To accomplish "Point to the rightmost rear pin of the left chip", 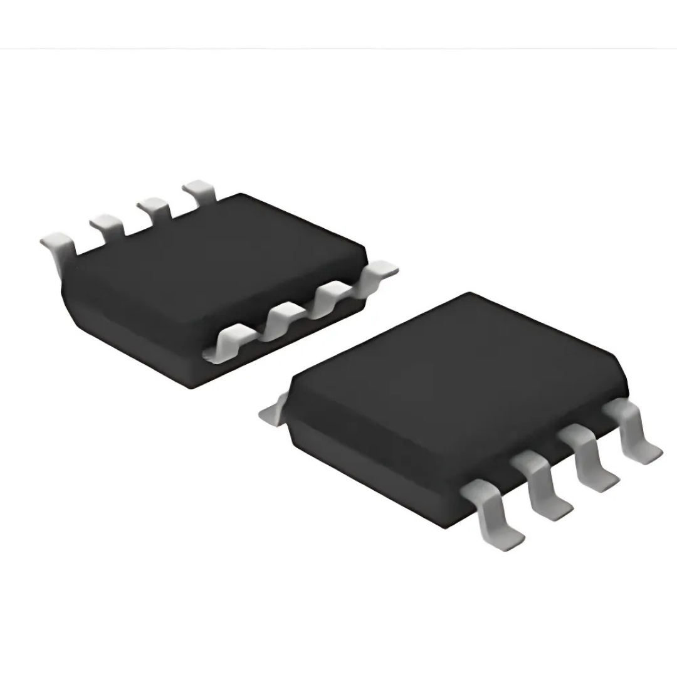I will point(199,189).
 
